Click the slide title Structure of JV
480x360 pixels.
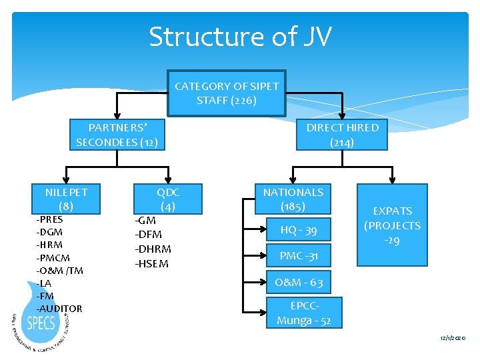(240, 36)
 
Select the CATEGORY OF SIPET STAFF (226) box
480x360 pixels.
(227, 93)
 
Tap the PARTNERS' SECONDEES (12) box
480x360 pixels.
(117, 135)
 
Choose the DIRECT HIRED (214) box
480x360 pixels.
(342, 135)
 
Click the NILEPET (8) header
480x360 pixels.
(66, 199)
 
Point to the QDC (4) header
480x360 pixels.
(168, 199)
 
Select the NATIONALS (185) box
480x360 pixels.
(293, 199)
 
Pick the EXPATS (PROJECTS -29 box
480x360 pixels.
(392, 225)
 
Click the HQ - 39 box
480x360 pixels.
(298, 230)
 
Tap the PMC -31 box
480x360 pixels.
(298, 255)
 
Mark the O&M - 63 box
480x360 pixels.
(298, 283)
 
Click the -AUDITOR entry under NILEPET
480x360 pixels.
(59, 309)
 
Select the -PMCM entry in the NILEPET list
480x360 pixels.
(53, 257)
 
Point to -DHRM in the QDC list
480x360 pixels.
(153, 249)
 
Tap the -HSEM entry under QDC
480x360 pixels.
(151, 263)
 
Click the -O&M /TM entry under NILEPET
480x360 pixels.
(59, 270)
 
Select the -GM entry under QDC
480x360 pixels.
(145, 220)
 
